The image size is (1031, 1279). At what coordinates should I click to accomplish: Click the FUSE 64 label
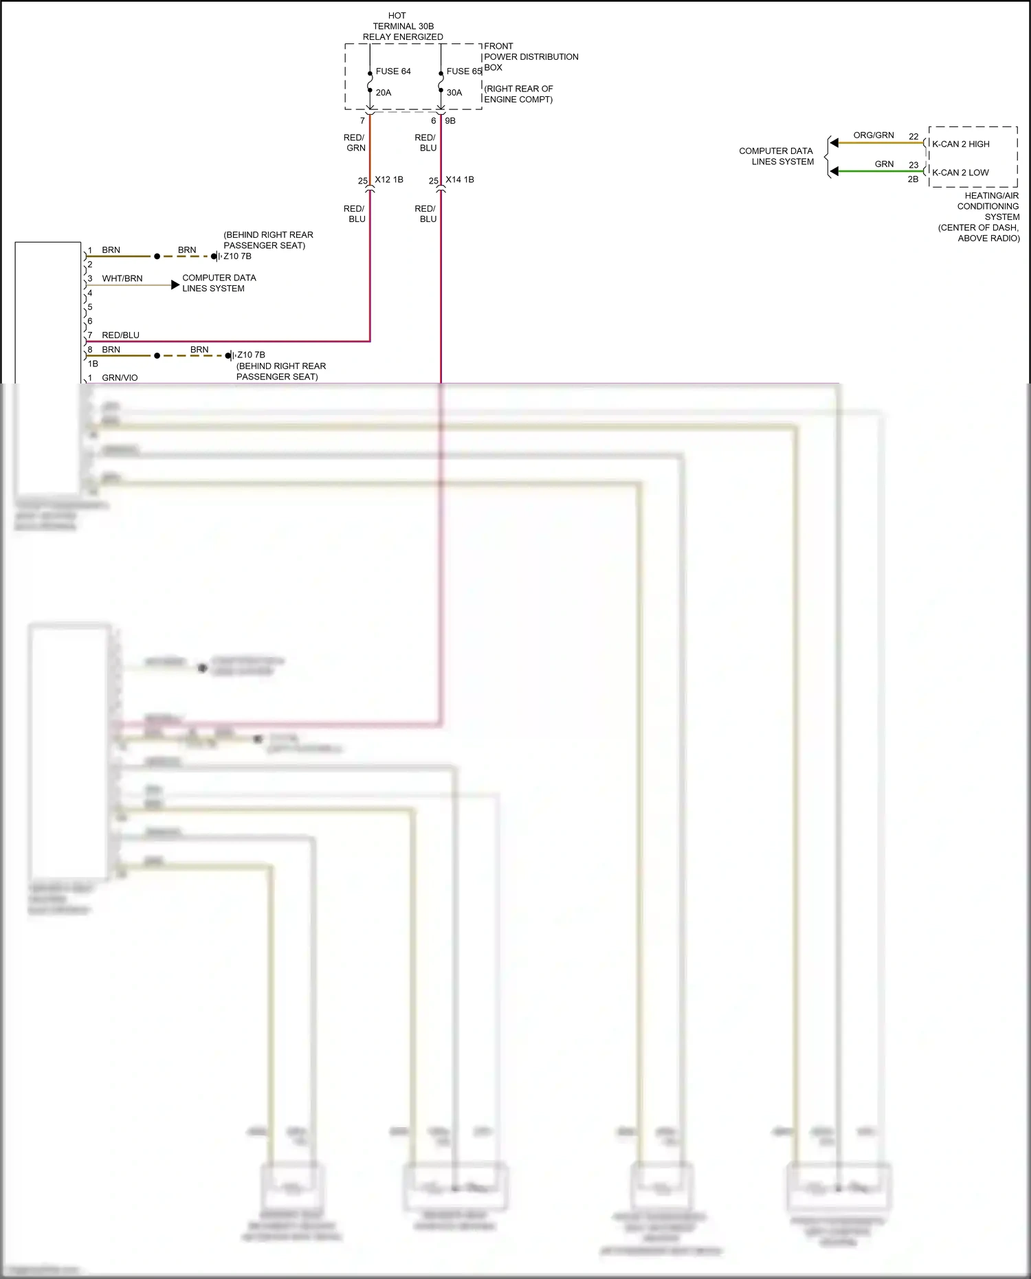[x=393, y=71]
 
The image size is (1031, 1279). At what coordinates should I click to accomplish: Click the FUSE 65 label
[x=464, y=71]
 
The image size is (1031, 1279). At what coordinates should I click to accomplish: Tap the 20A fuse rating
[x=384, y=93]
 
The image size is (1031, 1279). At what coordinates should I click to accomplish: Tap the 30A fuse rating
[x=454, y=93]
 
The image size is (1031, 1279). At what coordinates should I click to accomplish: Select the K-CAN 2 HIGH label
[x=960, y=144]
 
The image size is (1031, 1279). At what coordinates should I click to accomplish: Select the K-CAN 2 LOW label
[x=960, y=173]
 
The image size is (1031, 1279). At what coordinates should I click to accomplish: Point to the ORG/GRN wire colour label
[x=874, y=135]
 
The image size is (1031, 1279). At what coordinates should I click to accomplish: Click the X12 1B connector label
[x=389, y=180]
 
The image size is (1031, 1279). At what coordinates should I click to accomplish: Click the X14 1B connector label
[x=460, y=180]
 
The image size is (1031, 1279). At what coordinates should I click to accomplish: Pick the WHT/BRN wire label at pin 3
[x=122, y=279]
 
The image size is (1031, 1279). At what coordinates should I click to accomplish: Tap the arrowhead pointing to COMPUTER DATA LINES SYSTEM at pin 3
[x=175, y=285]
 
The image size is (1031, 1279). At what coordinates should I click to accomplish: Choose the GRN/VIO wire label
[x=120, y=378]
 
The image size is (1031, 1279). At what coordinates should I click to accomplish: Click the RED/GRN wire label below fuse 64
[x=355, y=143]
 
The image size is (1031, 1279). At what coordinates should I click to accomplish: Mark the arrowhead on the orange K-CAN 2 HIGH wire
[x=834, y=143]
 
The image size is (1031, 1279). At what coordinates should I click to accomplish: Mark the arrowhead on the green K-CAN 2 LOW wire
[x=834, y=171]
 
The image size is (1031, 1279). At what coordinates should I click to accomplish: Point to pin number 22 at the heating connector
[x=913, y=137]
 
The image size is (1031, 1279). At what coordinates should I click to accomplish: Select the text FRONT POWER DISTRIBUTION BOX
[x=531, y=57]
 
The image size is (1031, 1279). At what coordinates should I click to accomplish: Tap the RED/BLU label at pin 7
[x=120, y=335]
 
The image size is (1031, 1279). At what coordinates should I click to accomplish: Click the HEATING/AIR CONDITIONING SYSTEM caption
[x=988, y=206]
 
